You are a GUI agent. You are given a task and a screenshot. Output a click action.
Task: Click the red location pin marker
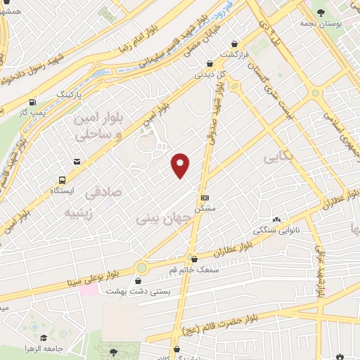180,165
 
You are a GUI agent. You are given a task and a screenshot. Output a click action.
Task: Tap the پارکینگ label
69,93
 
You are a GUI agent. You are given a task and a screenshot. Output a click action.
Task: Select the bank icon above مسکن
205,198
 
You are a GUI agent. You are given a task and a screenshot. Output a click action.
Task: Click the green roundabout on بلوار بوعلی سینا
142,268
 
